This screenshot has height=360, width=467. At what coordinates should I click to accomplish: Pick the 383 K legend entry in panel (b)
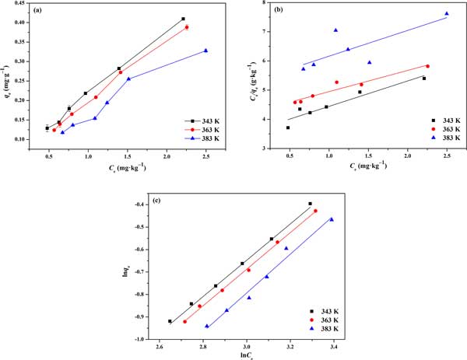(435, 140)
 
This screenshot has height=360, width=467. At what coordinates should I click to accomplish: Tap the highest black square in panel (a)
(183, 19)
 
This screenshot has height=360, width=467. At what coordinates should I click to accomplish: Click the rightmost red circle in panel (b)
(427, 66)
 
